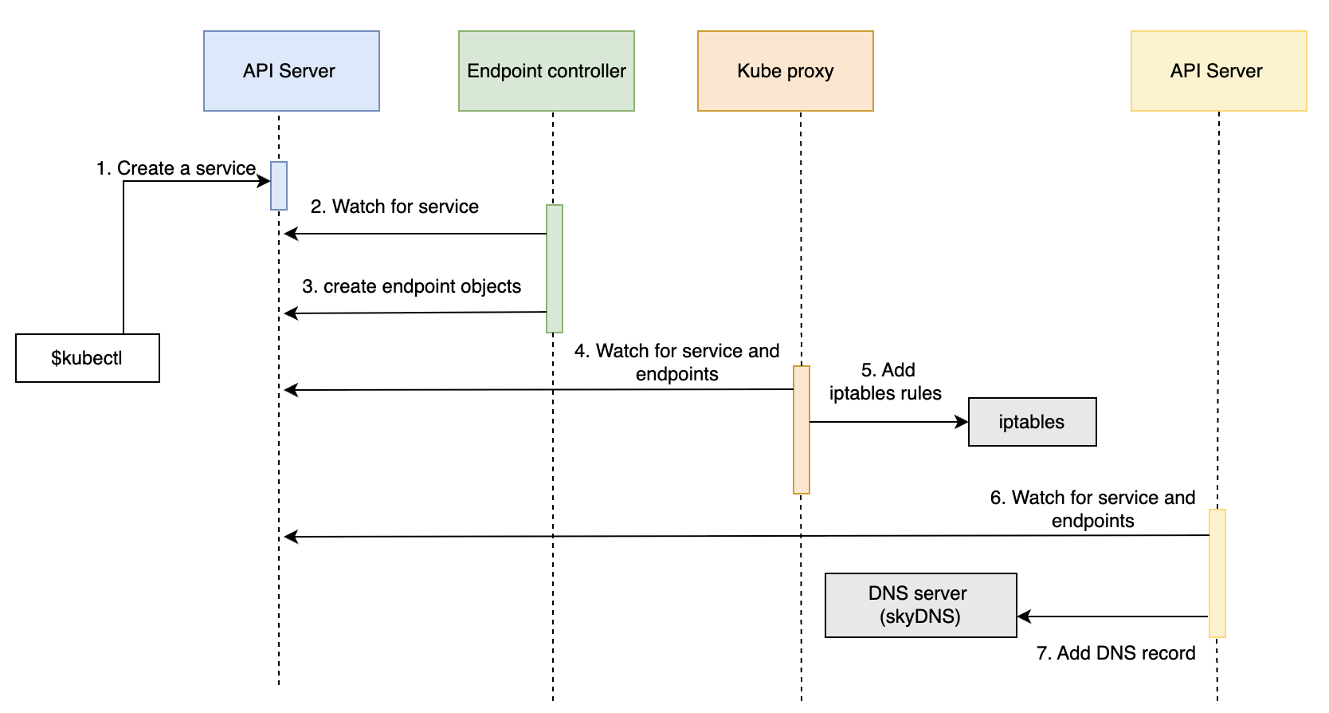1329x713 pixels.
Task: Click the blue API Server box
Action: pos(292,71)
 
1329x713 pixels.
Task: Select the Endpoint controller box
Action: pos(547,71)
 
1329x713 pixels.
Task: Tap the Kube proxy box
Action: pos(786,71)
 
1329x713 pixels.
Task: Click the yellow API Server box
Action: pos(1218,71)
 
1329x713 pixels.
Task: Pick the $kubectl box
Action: pos(88,358)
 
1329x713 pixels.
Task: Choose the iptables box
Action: pos(1033,422)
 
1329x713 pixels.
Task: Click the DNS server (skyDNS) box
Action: pos(921,605)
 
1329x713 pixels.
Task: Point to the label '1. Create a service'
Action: pos(176,168)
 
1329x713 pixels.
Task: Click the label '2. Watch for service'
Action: pos(394,206)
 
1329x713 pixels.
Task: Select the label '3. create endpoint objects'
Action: pos(411,286)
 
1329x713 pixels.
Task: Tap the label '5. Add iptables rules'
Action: pos(886,381)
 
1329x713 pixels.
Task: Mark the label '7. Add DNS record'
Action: pos(1116,653)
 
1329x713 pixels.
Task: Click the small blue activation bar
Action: pos(279,186)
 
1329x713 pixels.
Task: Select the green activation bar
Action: pos(555,268)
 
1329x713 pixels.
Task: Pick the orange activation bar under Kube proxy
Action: pos(802,430)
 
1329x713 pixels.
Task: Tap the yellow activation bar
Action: pos(1217,573)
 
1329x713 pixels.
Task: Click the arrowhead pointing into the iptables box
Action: pos(962,422)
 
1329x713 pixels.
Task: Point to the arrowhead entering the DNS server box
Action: pos(1025,616)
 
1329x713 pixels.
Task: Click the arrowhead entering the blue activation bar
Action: pos(264,181)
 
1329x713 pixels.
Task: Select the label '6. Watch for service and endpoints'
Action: pos(1093,509)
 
